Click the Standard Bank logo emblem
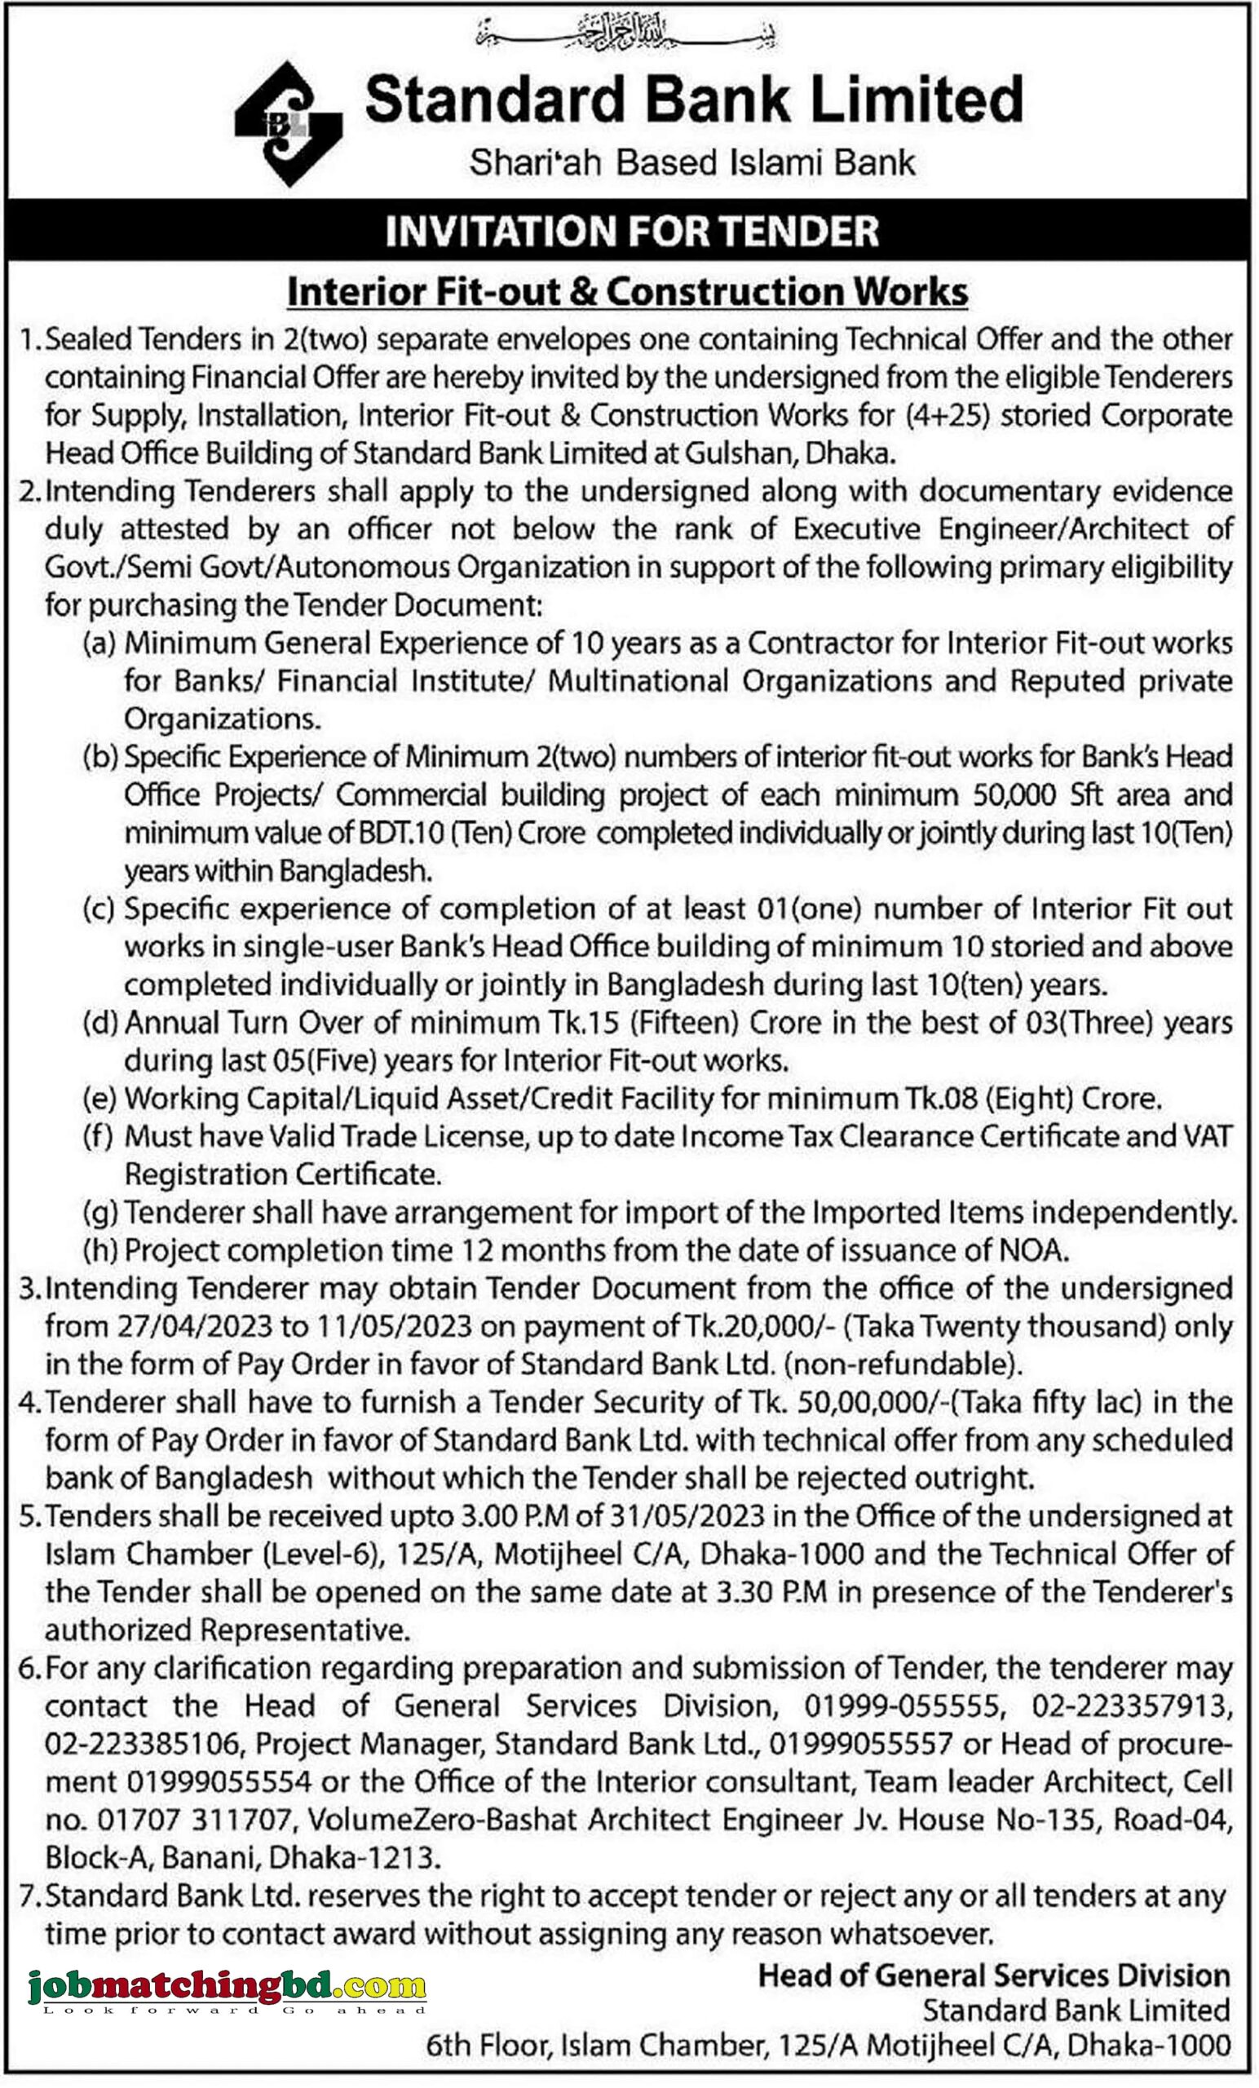pos(288,124)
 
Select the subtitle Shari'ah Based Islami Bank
pos(692,162)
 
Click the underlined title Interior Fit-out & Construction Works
pos(628,292)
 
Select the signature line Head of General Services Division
pos(993,1976)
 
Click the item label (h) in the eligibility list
pos(99,1251)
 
